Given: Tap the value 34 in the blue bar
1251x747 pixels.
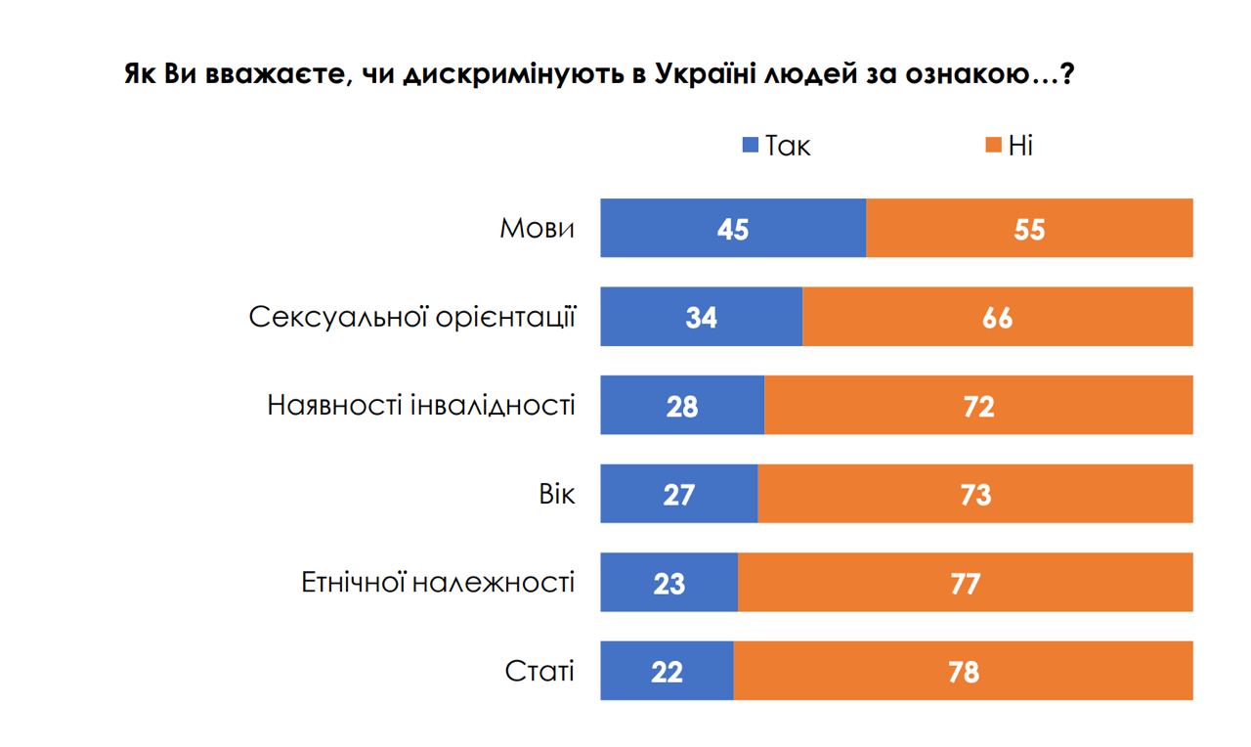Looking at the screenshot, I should coord(702,317).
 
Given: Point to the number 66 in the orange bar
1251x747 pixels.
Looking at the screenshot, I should coord(997,317).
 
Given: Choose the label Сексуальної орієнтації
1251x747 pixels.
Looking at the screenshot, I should coord(411,317).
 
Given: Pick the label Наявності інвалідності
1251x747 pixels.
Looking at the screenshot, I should coord(421,405).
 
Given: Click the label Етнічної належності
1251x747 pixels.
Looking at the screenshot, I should coord(437,583).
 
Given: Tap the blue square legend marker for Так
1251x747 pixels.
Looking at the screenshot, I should coord(751,147).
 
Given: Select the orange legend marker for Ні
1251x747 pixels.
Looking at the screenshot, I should coord(993,147).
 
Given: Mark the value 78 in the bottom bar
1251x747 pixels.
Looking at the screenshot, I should coord(963,671).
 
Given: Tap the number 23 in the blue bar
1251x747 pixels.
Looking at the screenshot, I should coord(669,583).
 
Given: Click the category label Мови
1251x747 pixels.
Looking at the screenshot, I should coord(537,228).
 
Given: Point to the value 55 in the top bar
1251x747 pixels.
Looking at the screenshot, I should coord(1029,228).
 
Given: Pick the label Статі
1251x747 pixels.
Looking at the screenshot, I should coord(539,671).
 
